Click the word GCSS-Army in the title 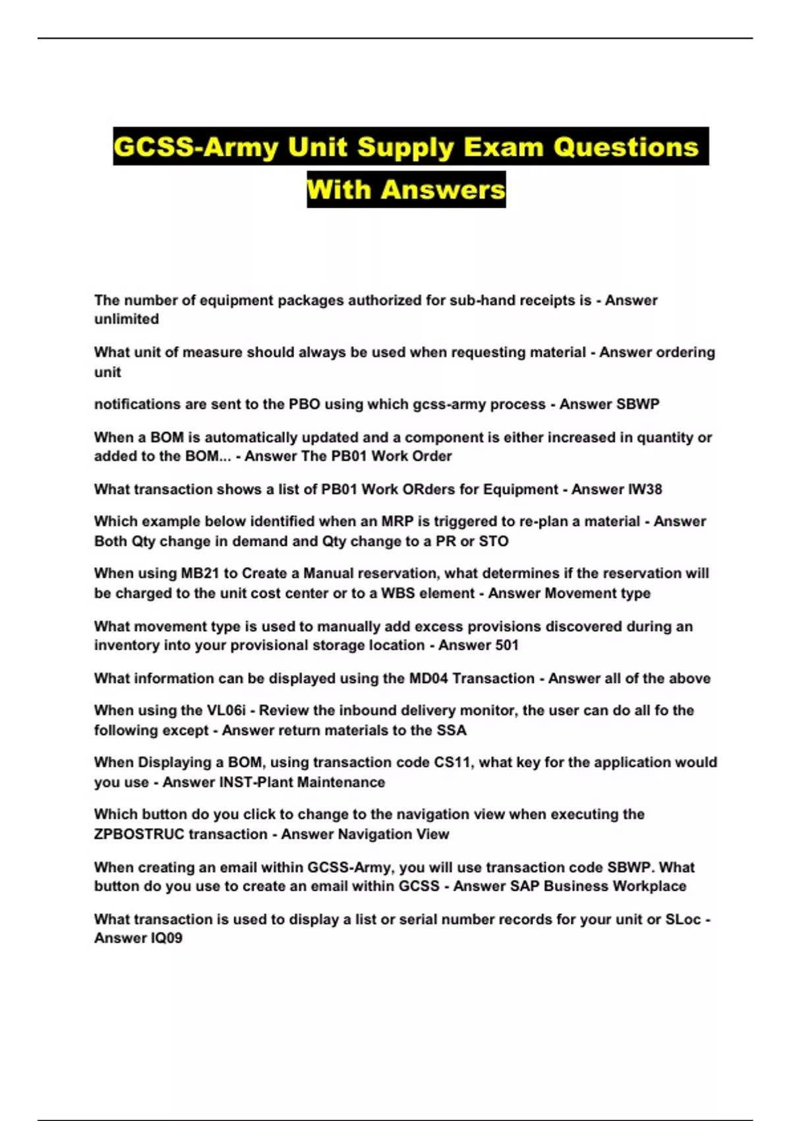click(195, 147)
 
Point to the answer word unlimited click(127, 319)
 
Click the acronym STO click(494, 541)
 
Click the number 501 click(506, 645)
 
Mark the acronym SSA click(452, 731)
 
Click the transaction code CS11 click(452, 762)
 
